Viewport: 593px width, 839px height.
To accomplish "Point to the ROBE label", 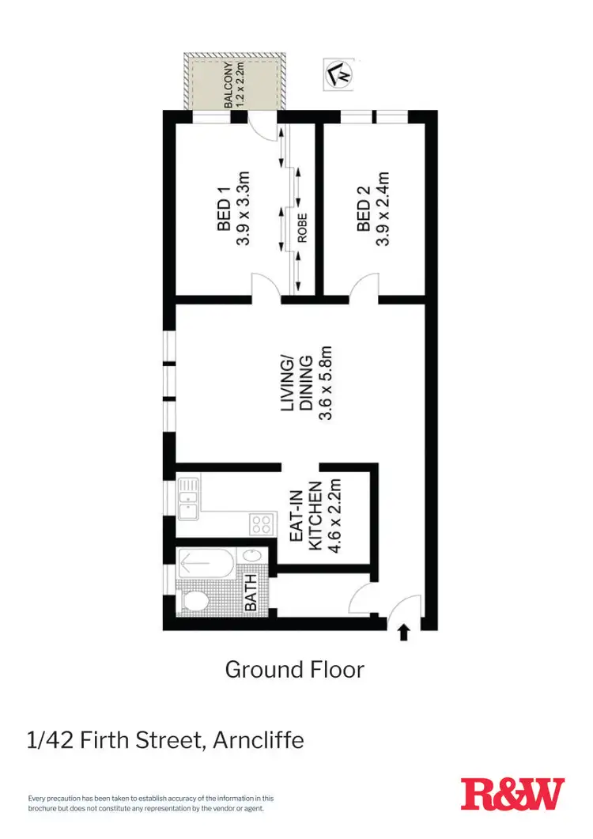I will pos(301,228).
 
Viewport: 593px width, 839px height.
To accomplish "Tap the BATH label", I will pos(251,593).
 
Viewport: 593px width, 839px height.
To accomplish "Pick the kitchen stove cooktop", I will pos(263,522).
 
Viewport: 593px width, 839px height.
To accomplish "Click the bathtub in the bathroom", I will pos(208,565).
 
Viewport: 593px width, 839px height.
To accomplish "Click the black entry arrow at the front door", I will pos(404,632).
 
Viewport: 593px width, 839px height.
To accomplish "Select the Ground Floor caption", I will pos(295,669).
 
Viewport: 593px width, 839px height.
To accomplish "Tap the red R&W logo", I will pos(512,794).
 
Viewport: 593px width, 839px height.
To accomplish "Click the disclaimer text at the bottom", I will pos(150,803).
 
